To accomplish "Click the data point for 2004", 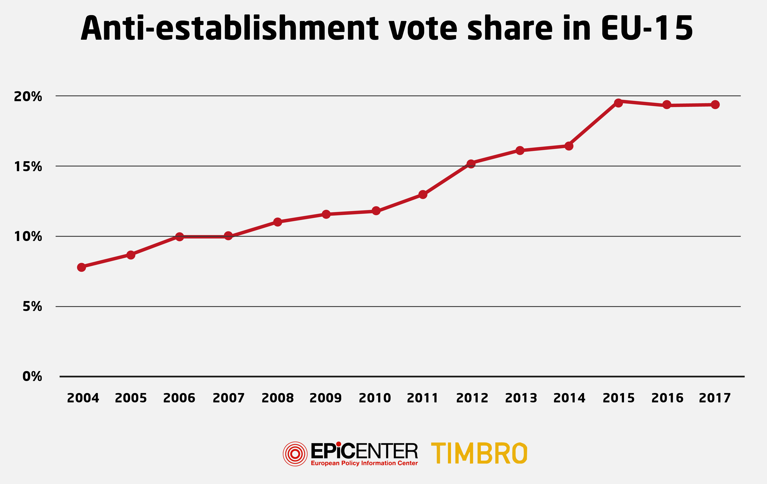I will [82, 267].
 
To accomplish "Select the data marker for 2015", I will [618, 103].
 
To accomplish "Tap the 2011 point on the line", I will [423, 194].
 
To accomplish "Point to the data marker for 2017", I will [715, 104].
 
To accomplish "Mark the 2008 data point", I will [277, 222].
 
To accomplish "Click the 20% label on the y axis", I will [28, 96].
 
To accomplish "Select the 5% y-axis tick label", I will [32, 307].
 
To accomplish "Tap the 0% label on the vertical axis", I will [32, 377].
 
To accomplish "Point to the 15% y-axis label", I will [28, 166].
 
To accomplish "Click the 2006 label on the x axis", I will [179, 398].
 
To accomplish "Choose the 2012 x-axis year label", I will [472, 398].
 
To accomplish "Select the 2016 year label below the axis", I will [667, 398].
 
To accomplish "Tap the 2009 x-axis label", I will [326, 398].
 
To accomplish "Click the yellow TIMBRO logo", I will [479, 453].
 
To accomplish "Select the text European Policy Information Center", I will [364, 463].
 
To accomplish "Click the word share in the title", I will [510, 29].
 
